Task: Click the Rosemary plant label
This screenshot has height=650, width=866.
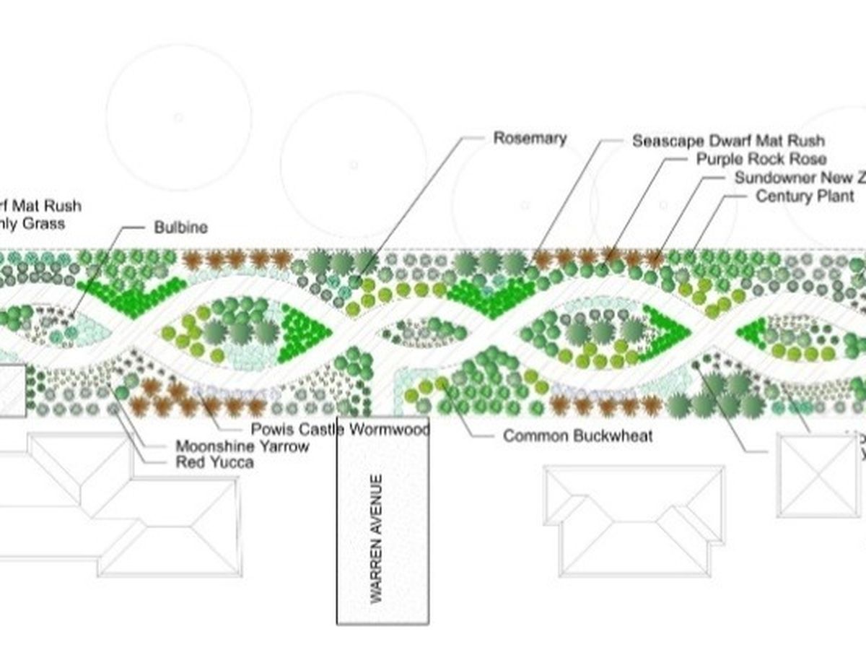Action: pos(530,138)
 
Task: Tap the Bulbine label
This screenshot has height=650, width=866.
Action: pos(180,227)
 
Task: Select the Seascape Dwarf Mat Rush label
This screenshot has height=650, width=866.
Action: pos(728,140)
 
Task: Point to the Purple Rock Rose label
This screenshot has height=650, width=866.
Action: pos(761,159)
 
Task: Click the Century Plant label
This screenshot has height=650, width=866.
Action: pos(805,196)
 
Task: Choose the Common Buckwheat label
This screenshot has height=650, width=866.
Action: pos(577,435)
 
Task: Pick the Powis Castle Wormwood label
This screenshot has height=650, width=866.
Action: pos(340,430)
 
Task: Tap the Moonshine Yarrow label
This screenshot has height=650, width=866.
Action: pos(242,446)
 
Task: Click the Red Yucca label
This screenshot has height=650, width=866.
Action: pos(214,462)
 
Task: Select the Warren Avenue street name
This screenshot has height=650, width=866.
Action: pos(376,538)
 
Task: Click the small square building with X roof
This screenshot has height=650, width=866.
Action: pos(816,474)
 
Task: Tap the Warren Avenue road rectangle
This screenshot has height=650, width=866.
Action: pos(383,607)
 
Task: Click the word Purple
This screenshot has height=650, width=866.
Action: pos(718,159)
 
